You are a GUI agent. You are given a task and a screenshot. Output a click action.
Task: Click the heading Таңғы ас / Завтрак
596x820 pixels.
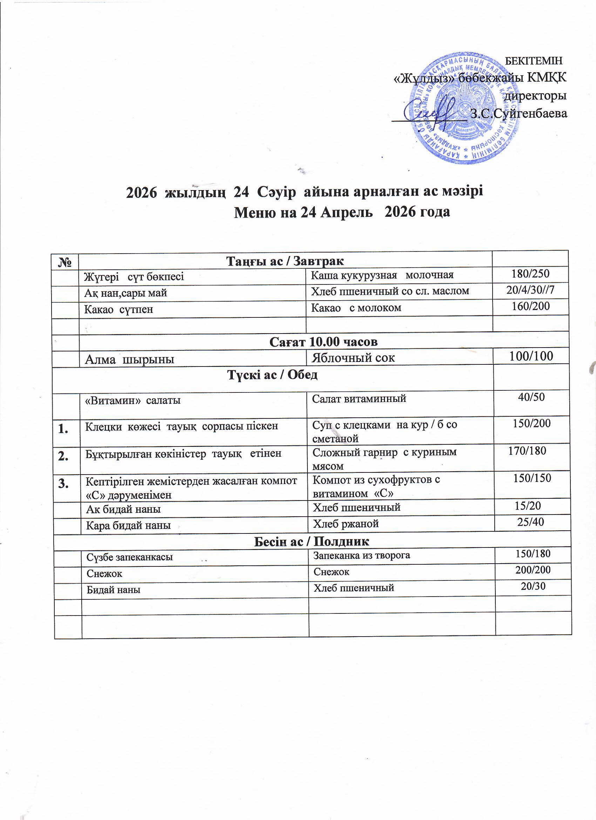[285, 261]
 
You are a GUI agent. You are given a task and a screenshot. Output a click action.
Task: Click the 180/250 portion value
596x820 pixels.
[530, 274]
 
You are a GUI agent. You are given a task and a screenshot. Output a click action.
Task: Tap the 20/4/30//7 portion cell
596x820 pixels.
[530, 290]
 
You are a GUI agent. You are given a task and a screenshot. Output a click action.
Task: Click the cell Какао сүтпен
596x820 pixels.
[118, 309]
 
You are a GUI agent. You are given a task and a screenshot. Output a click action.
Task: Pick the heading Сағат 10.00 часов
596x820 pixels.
[324, 342]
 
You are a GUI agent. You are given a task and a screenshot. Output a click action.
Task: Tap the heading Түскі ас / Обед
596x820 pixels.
[272, 375]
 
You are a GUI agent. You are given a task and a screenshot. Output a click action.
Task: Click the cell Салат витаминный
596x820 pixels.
[359, 398]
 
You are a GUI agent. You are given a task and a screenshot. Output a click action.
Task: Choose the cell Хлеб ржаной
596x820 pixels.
[346, 523]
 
